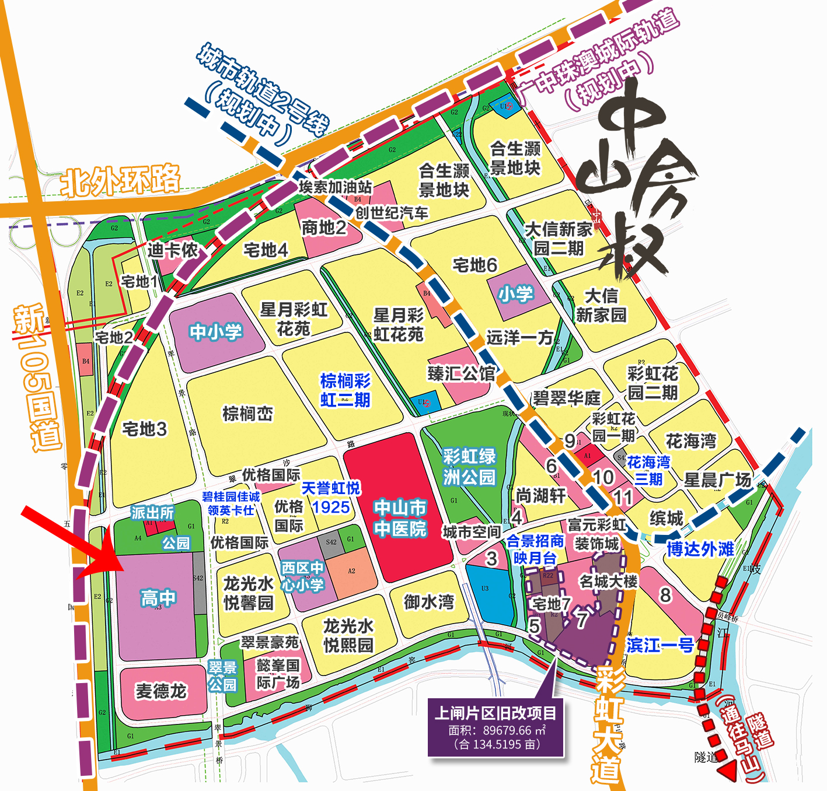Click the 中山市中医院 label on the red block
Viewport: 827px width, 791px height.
(400, 518)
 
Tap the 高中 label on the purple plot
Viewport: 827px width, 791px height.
(158, 597)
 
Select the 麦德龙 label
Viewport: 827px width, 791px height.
(161, 691)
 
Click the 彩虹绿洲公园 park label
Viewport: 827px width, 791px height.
(469, 467)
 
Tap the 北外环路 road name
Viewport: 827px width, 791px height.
(121, 181)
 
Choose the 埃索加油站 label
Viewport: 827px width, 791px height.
(335, 187)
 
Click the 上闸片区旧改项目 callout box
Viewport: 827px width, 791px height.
(496, 727)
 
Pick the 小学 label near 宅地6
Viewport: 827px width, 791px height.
(515, 294)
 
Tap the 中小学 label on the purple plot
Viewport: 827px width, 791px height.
(215, 332)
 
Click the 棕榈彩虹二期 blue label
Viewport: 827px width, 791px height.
(346, 390)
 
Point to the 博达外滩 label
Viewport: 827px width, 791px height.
(700, 549)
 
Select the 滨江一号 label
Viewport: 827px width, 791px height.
(660, 645)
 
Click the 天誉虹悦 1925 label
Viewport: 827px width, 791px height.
(331, 497)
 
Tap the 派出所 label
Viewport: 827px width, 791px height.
(152, 513)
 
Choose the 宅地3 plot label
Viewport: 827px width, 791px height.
(144, 429)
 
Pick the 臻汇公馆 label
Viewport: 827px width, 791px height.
(461, 373)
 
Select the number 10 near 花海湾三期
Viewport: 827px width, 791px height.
(603, 477)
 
